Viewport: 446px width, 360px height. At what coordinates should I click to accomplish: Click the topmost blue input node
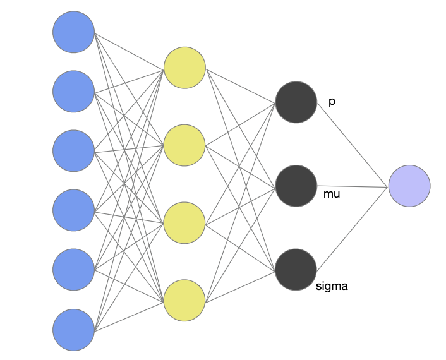[x=74, y=32]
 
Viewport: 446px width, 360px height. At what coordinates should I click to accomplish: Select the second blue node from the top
[x=74, y=92]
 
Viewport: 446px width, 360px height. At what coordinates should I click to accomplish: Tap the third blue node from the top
[x=74, y=151]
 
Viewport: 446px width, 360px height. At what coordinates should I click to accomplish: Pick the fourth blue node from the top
[x=74, y=210]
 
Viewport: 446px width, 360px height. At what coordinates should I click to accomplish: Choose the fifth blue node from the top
[x=74, y=270]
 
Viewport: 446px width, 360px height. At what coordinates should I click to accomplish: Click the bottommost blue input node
[x=74, y=330]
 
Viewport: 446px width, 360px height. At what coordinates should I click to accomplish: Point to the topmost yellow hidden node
[x=184, y=68]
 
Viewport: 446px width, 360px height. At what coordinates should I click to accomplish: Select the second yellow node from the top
[x=184, y=145]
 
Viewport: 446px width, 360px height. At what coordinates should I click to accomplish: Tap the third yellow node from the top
[x=184, y=223]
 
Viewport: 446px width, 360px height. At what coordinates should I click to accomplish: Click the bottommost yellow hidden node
[x=184, y=300]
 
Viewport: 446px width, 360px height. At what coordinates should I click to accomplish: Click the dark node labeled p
[x=296, y=102]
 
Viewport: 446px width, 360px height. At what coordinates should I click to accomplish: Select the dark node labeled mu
[x=296, y=186]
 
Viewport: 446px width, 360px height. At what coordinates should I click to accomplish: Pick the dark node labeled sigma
[x=296, y=270]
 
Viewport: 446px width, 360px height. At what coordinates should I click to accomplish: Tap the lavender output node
[x=409, y=186]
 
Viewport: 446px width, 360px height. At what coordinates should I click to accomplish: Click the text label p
[x=332, y=102]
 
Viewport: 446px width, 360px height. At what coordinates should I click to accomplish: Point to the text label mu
[x=332, y=194]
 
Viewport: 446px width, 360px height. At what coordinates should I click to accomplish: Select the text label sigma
[x=332, y=286]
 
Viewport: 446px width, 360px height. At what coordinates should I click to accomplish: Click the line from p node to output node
[x=353, y=145]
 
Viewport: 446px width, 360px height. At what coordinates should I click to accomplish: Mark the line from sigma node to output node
[x=352, y=229]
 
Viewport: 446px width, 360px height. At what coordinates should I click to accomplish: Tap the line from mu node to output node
[x=353, y=186]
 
